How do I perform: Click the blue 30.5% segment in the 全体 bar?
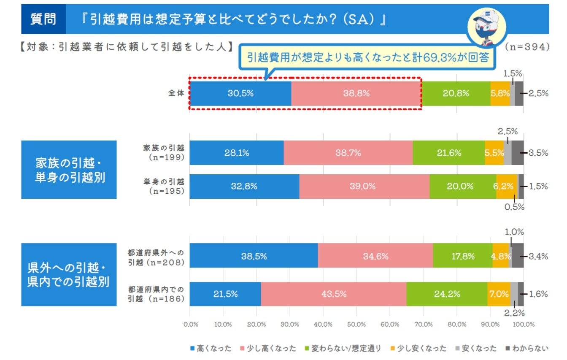coord(240,93)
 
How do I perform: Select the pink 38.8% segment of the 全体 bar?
coord(356,93)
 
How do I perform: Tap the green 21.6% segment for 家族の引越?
coord(448,153)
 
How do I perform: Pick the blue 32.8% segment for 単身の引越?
coord(245,186)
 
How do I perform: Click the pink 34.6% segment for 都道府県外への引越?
coord(375,256)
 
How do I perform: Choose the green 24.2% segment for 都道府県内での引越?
coord(447,294)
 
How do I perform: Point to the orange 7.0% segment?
coord(499,294)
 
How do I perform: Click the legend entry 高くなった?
coord(211,348)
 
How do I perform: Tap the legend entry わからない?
coord(527,348)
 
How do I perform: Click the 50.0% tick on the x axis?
coord(356,324)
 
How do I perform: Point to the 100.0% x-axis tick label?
coord(524,324)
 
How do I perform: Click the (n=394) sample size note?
coord(527,46)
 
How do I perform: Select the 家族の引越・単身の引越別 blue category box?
coord(69,170)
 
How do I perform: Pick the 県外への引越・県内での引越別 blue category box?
coord(69,274)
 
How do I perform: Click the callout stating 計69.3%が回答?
coord(367,58)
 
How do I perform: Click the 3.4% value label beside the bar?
coord(538,256)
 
